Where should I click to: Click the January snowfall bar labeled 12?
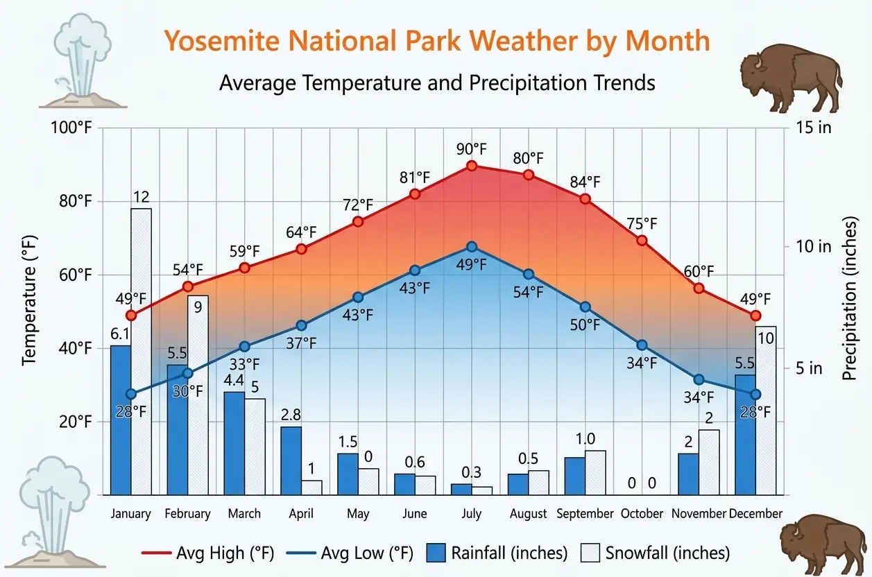(141, 350)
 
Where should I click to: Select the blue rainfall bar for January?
(121, 420)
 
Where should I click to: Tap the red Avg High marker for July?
(472, 166)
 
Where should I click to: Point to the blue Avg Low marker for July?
(472, 247)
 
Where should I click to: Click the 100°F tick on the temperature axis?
(72, 128)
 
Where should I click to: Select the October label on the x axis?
(642, 514)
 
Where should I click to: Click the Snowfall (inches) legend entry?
(654, 553)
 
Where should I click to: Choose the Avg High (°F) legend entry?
(208, 553)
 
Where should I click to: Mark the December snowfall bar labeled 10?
(766, 410)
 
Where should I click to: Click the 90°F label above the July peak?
(472, 149)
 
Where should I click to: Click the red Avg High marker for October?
(642, 241)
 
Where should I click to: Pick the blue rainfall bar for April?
(291, 460)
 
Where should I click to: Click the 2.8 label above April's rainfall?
(291, 415)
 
